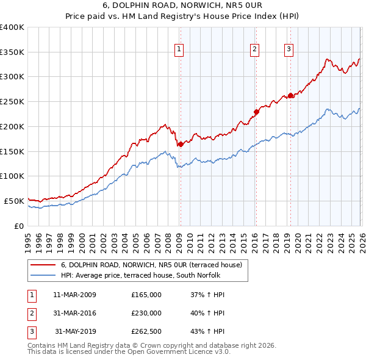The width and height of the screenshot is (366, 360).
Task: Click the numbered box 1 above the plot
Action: [179, 50]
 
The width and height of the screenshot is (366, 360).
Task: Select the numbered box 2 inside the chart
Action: [254, 50]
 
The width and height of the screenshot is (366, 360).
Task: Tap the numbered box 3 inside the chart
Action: [289, 50]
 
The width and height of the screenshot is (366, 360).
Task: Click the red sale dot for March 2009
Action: [181, 144]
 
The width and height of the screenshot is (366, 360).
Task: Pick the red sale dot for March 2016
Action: [256, 112]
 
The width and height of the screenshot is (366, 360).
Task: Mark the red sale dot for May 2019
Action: [290, 95]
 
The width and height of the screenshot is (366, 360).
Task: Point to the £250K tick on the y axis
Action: [13, 101]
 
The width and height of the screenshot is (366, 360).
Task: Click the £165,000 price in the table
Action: [146, 295]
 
